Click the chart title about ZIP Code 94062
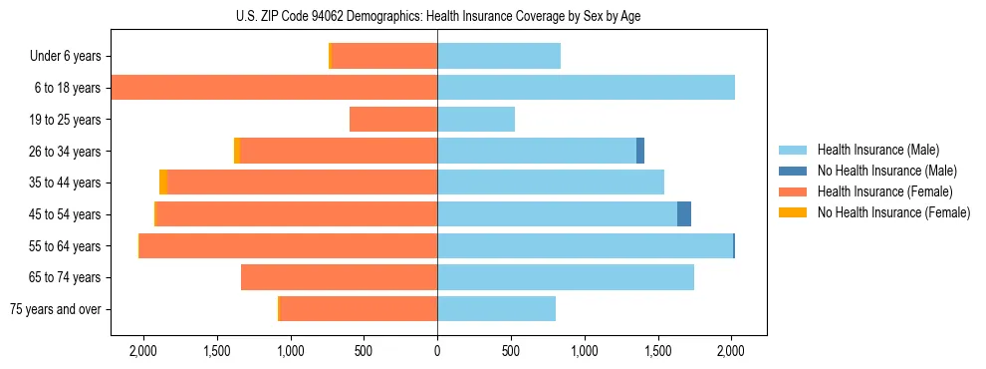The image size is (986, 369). tap(438, 16)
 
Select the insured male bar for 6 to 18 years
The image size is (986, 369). tap(586, 88)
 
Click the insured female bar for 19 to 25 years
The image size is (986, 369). tap(393, 120)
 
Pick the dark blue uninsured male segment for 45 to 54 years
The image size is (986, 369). tap(684, 214)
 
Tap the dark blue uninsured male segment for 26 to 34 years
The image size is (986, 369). tap(640, 151)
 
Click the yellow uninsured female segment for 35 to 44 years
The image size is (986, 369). tap(163, 183)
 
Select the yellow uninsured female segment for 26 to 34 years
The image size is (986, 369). tap(237, 151)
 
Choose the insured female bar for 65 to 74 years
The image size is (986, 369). tap(339, 277)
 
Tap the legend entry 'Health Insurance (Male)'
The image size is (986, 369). tap(877, 150)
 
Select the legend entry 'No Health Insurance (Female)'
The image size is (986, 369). tap(893, 212)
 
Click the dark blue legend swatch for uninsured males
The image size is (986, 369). tap(793, 171)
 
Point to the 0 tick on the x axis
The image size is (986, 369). tap(437, 351)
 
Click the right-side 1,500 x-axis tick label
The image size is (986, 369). tap(657, 351)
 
